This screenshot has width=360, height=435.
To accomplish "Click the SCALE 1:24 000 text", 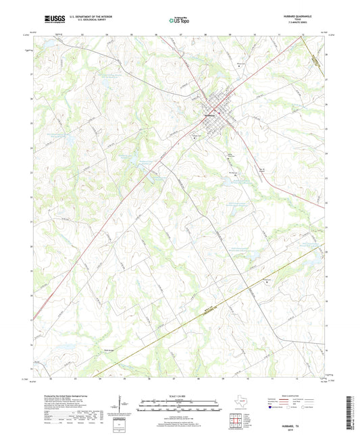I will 179,396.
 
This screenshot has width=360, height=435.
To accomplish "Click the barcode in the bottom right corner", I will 350,411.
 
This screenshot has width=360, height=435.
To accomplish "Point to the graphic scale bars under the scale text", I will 179,407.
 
